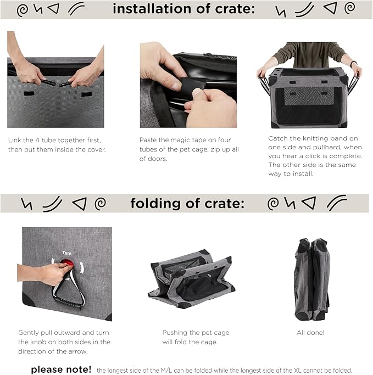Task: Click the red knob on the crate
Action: click(68, 263)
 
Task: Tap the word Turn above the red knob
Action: click(67, 253)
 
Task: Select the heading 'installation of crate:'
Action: click(183, 9)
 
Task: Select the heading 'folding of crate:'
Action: click(187, 204)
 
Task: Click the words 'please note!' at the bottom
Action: click(61, 370)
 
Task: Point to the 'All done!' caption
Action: click(310, 332)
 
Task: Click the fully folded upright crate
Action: click(312, 279)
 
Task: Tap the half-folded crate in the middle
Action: click(191, 279)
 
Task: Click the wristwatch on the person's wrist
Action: click(353, 63)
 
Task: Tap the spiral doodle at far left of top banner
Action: click(23, 10)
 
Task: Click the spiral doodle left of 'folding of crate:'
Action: click(101, 204)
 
